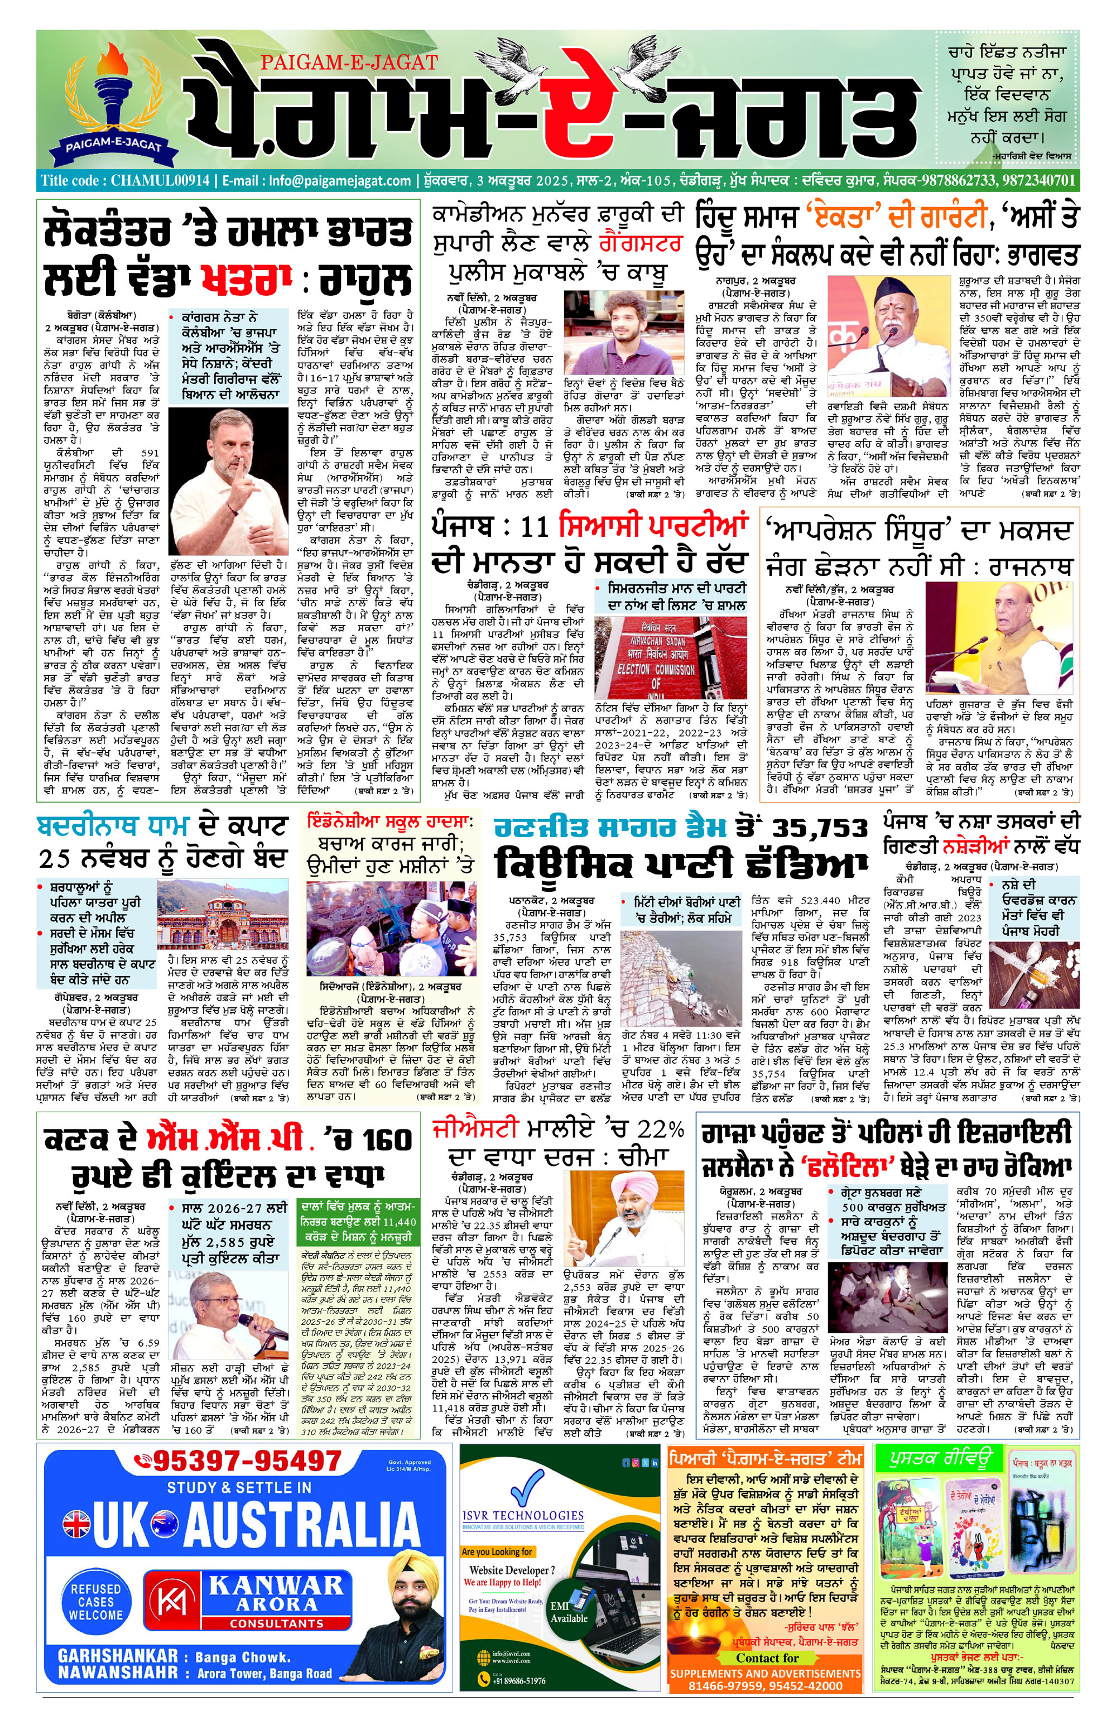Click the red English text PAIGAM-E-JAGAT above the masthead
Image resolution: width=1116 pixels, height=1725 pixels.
coord(349,63)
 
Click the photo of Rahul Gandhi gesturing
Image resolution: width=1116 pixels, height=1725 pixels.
coord(228,482)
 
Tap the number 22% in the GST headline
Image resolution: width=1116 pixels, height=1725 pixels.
coord(660,1128)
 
